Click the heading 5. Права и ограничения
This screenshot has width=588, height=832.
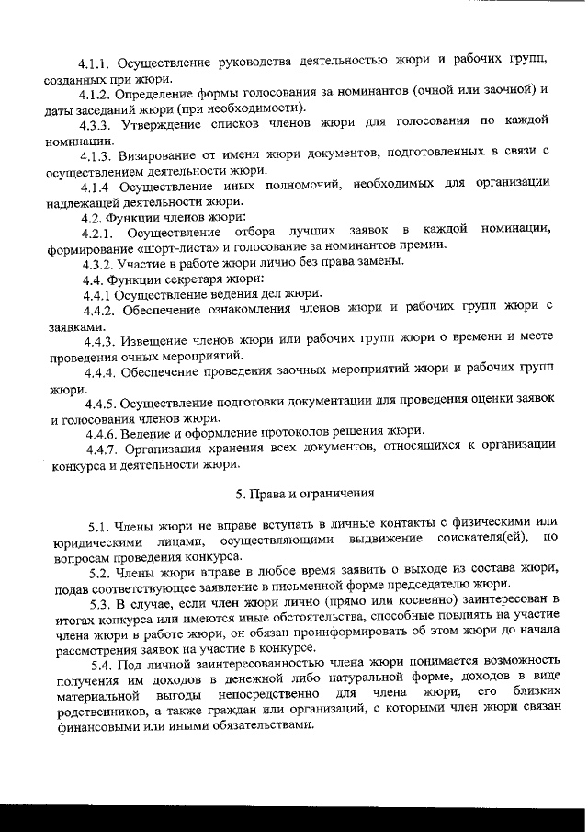[304, 494]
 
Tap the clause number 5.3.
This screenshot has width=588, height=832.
[104, 604]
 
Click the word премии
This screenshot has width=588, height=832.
[425, 246]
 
